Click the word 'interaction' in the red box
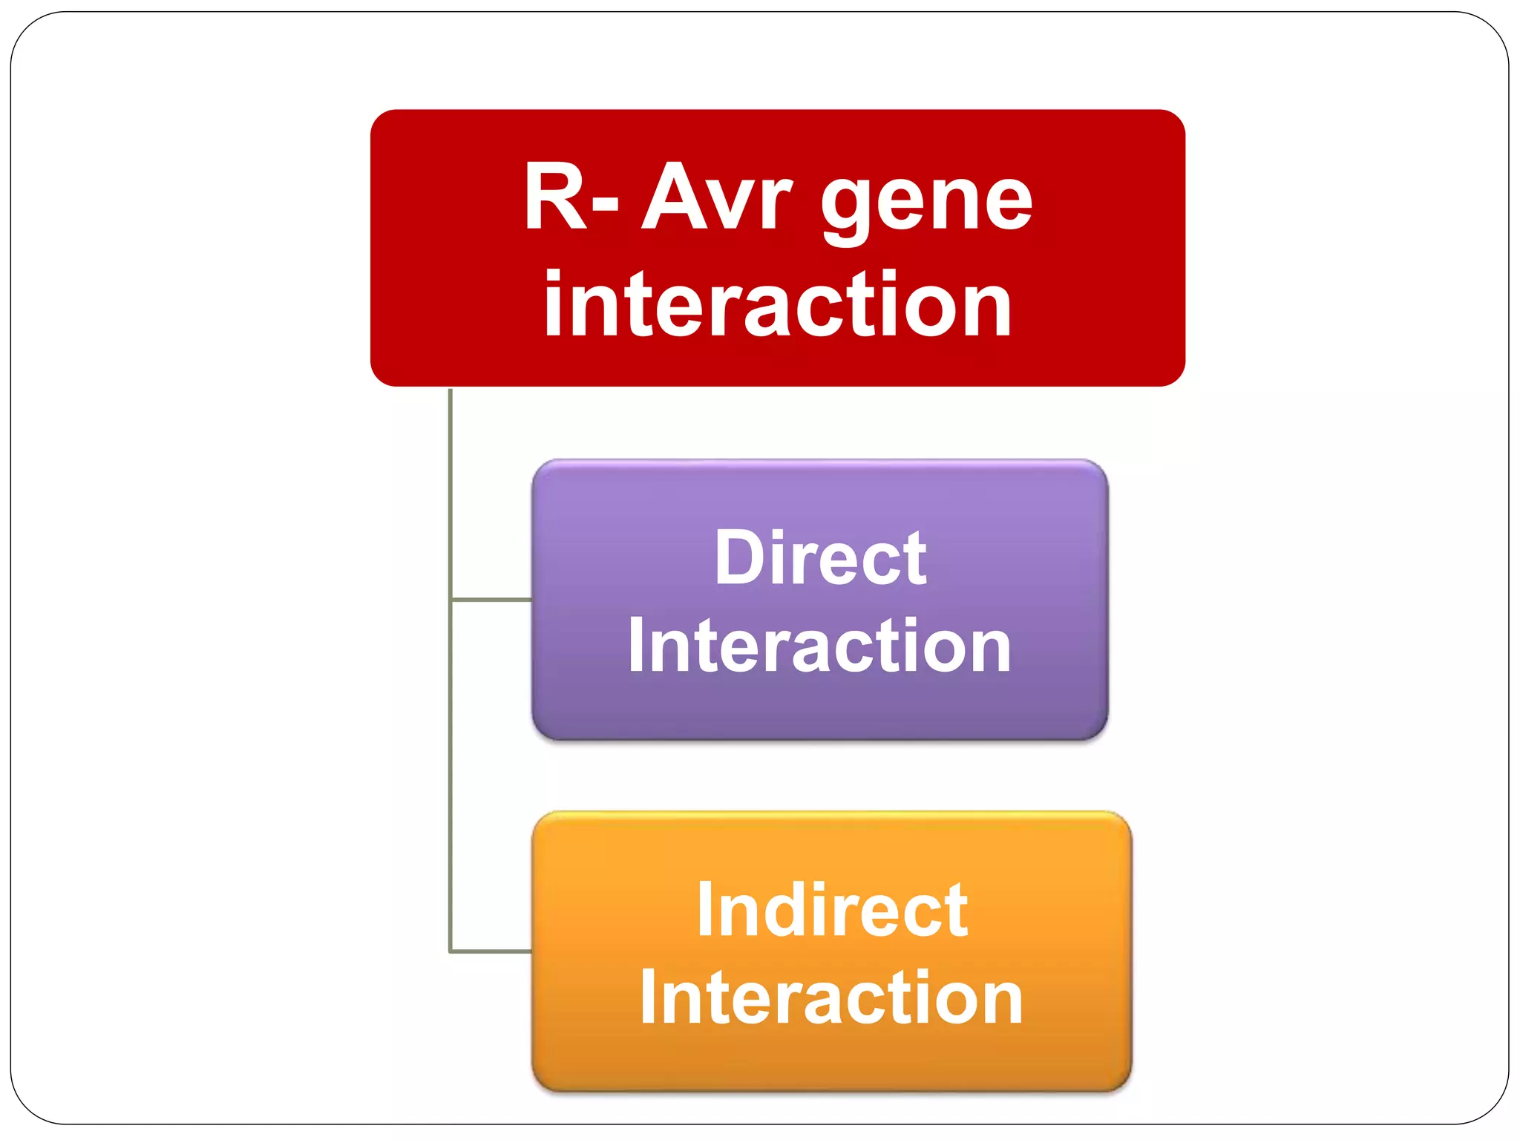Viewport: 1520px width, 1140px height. (x=777, y=304)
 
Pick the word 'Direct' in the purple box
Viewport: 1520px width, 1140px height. (x=820, y=558)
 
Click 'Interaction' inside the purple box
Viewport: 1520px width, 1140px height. (x=819, y=647)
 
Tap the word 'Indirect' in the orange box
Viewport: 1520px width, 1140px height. (x=832, y=911)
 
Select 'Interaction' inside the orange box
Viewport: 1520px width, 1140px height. (x=831, y=999)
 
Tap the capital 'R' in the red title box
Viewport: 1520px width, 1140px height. (x=555, y=197)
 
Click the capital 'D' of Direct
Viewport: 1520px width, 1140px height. (x=741, y=558)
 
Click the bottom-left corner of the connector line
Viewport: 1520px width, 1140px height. (x=451, y=951)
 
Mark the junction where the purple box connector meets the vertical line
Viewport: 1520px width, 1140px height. (x=451, y=599)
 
